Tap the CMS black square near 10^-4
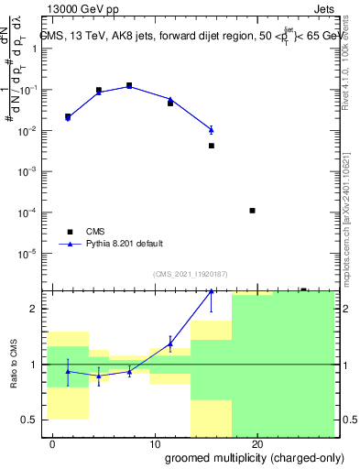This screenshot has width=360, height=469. tap(252, 211)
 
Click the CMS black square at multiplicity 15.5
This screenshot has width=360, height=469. tap(211, 146)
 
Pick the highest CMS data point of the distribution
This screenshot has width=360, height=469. tap(129, 85)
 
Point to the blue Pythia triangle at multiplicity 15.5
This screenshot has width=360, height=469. tap(211, 129)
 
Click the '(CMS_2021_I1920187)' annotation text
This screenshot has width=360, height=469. tap(191, 274)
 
